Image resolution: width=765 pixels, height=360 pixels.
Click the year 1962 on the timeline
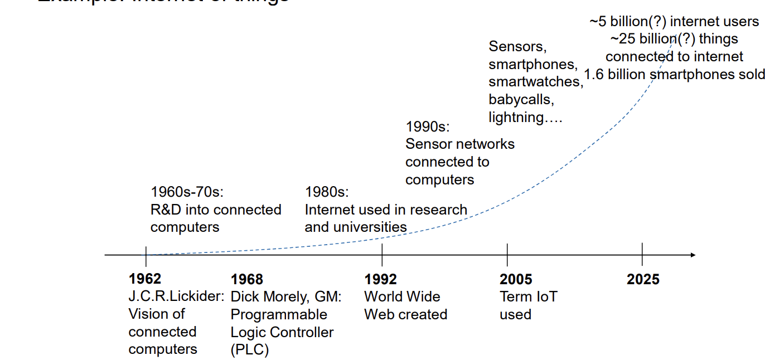[x=144, y=279]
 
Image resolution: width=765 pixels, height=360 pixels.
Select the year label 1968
[x=246, y=279]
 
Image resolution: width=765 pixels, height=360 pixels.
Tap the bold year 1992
[x=381, y=279]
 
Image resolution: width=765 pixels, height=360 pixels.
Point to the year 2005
[x=516, y=279]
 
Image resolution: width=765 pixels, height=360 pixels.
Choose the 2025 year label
[x=643, y=279]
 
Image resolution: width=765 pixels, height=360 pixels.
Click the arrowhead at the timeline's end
[x=693, y=255]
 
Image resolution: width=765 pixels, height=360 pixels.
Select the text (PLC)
[x=250, y=350]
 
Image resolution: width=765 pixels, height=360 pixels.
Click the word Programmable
[x=279, y=314]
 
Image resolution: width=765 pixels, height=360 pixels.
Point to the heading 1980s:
[x=326, y=192]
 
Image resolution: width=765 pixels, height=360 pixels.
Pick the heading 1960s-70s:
[x=187, y=192]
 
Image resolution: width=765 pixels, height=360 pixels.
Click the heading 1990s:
[x=428, y=126]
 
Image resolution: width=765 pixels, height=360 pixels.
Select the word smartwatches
[x=535, y=82]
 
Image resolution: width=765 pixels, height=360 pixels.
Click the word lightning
[x=516, y=118]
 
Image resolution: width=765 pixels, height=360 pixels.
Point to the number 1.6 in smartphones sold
[x=594, y=74]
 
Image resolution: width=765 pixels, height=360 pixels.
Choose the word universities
[x=370, y=227]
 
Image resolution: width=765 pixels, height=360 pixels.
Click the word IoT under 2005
[x=546, y=296]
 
